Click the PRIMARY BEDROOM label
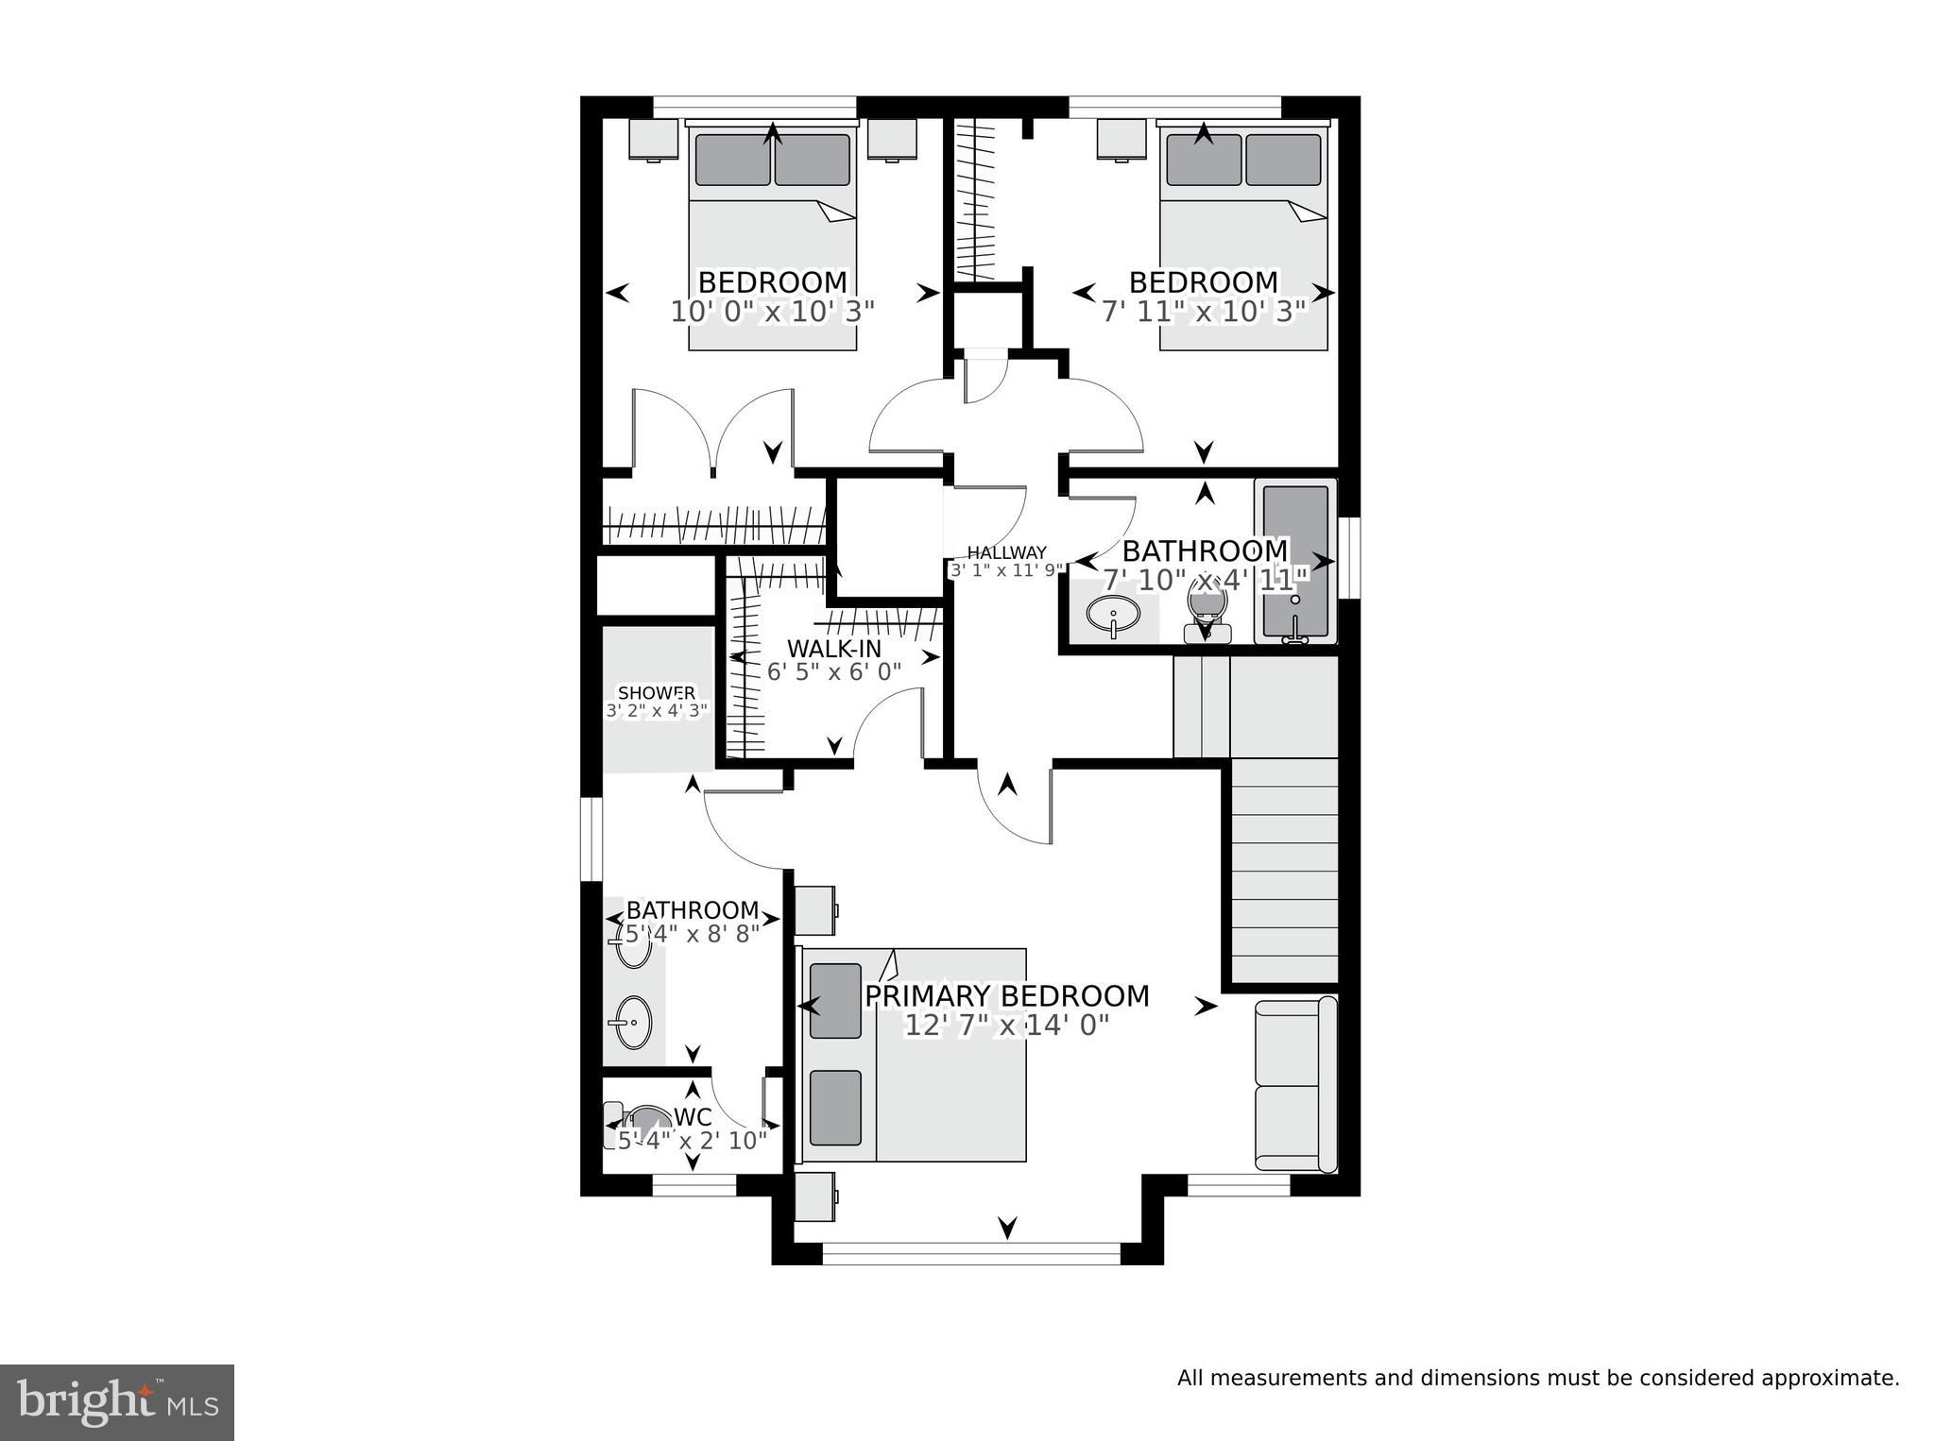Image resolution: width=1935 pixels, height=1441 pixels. click(1007, 996)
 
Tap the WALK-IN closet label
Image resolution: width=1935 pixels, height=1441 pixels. click(834, 649)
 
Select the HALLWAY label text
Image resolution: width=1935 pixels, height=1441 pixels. click(1007, 553)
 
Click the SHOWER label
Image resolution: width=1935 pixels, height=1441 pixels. click(657, 693)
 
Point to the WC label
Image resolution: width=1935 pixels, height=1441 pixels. click(693, 1116)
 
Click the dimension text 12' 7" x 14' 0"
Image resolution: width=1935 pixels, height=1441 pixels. click(1007, 1026)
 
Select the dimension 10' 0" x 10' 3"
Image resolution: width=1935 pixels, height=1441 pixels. click(773, 312)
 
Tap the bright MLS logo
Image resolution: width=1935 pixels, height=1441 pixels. click(117, 1402)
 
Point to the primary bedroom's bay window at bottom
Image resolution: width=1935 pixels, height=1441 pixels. click(971, 1254)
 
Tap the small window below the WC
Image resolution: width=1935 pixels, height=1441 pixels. click(694, 1185)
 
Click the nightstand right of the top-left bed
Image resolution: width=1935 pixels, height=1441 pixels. click(893, 140)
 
